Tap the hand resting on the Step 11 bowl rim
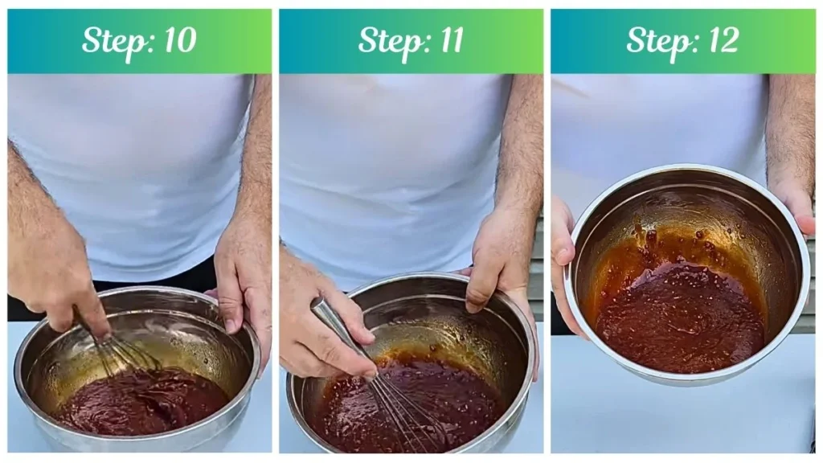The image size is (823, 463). click(x=498, y=257)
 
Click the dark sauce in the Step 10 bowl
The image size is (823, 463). click(x=145, y=402)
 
